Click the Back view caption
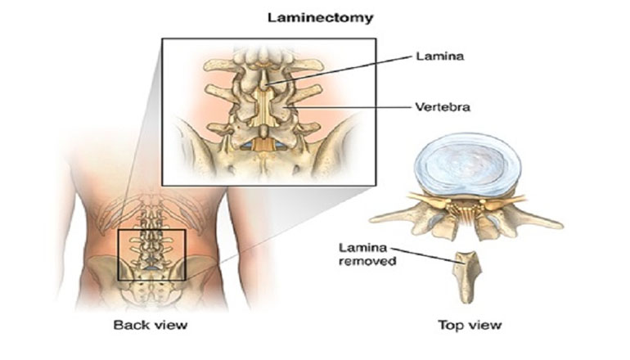(x=150, y=326)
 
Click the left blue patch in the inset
(x=246, y=146)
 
